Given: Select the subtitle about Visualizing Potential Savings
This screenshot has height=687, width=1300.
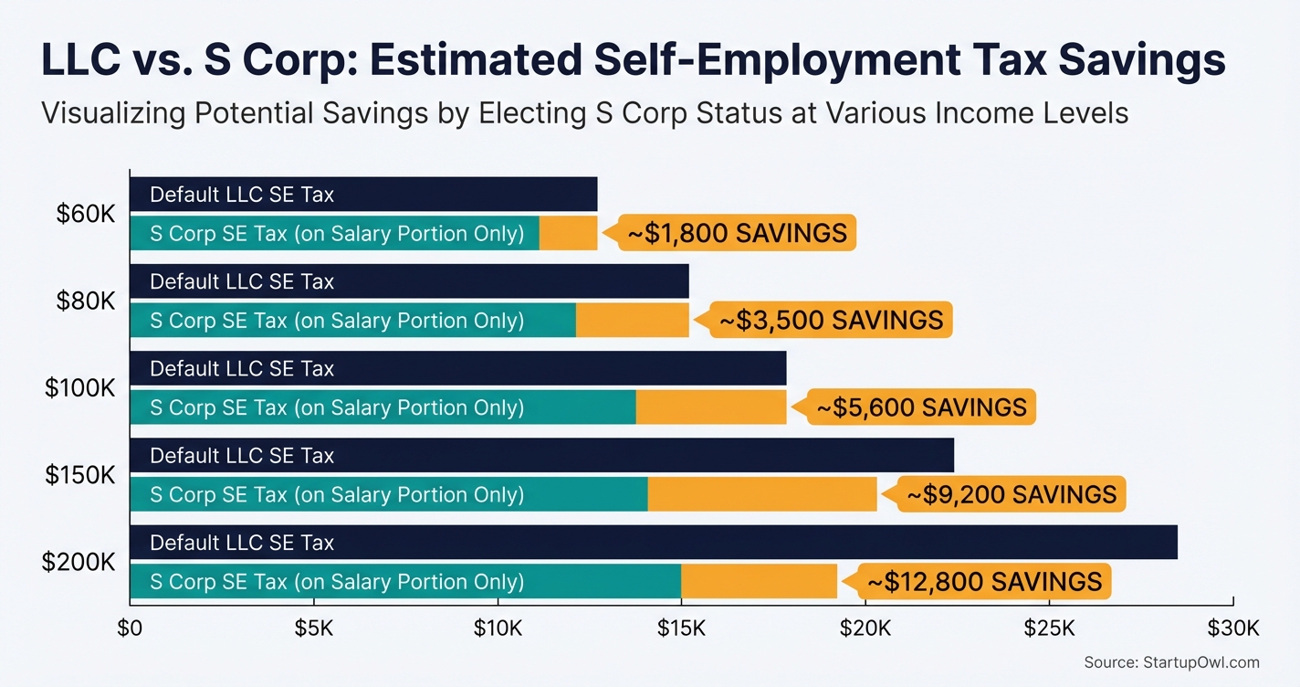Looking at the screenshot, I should (x=584, y=113).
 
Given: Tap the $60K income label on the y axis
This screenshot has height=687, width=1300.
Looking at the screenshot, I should (x=86, y=214).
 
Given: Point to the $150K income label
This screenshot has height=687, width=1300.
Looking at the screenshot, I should (x=80, y=475).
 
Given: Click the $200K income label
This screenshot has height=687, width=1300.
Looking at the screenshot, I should (x=79, y=562).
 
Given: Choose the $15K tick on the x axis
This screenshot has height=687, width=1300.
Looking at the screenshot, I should (x=681, y=629).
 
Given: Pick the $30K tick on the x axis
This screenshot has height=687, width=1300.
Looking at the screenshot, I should (x=1233, y=629).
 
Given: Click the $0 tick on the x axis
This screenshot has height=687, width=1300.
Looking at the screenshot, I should (x=130, y=629).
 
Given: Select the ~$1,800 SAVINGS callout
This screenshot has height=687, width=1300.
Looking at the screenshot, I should (x=737, y=233).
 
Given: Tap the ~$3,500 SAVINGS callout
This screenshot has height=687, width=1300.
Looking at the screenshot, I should (x=831, y=320).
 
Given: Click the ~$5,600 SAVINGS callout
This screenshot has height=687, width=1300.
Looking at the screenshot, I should (x=921, y=407).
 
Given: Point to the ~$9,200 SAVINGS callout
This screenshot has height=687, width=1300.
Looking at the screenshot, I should (x=1011, y=494).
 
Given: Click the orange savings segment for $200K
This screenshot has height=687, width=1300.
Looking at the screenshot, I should (x=759, y=581).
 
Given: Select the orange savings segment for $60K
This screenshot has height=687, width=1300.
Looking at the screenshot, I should (x=568, y=233).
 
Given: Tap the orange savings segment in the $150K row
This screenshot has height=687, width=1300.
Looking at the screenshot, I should (x=762, y=494).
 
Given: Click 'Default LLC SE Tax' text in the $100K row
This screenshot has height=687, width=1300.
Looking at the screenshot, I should (x=242, y=369).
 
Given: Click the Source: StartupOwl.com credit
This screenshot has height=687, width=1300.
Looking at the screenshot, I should (x=1171, y=662).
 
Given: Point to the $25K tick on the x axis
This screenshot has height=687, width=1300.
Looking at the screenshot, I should (x=1049, y=629).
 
